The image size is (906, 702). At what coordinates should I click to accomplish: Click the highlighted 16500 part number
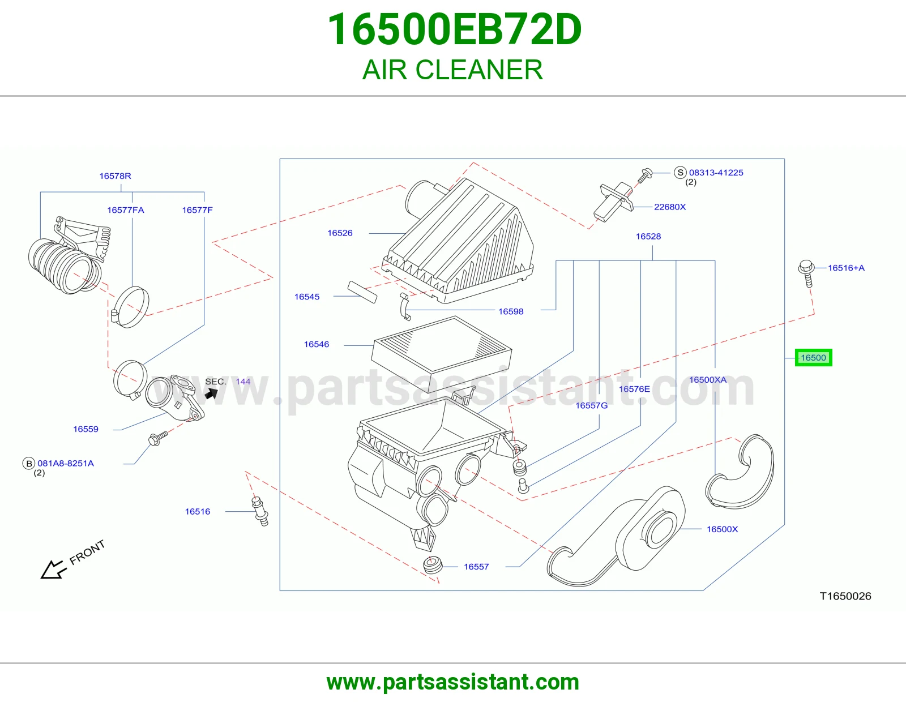click(x=813, y=358)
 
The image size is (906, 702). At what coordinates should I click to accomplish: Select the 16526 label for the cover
click(x=340, y=233)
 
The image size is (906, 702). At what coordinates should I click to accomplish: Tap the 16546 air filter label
click(x=317, y=344)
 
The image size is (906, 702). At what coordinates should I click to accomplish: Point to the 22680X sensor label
click(x=670, y=207)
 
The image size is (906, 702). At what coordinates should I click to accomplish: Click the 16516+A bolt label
click(x=846, y=268)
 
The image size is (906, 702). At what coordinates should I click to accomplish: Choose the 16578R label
click(x=115, y=176)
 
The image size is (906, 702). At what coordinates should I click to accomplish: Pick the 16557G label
click(x=592, y=405)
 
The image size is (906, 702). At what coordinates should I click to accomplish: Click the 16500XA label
click(x=708, y=380)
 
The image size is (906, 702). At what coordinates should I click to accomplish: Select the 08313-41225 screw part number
click(x=716, y=173)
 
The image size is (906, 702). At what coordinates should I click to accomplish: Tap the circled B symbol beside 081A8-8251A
click(x=29, y=464)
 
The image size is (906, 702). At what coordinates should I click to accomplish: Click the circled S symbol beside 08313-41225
click(x=680, y=173)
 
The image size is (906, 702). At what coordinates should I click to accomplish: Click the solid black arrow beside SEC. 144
click(x=211, y=393)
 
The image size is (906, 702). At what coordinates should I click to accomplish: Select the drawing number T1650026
click(x=845, y=596)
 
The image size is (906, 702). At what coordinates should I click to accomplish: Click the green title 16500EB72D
click(x=454, y=29)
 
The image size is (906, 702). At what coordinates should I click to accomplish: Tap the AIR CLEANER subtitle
click(x=453, y=70)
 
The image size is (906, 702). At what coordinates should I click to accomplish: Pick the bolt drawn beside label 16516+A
click(x=806, y=273)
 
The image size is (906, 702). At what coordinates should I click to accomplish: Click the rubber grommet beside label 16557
click(x=433, y=564)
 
